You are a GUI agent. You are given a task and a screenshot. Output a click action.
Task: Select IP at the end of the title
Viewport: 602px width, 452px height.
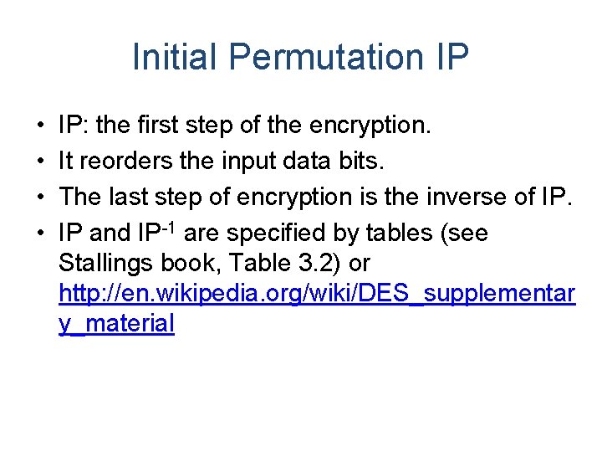click(452, 57)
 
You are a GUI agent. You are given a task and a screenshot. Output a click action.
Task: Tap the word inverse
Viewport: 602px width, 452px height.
click(479, 198)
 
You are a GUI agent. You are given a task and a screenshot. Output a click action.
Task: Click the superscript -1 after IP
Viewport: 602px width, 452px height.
click(170, 226)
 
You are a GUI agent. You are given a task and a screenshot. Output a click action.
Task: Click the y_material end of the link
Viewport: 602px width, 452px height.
click(116, 324)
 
